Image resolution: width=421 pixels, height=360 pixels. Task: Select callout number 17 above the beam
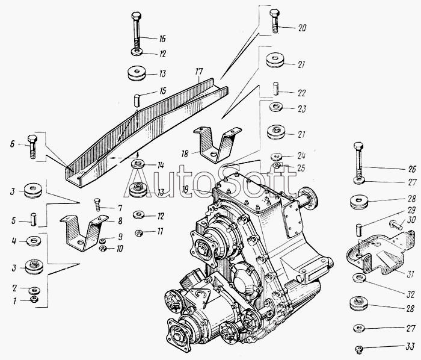[x=199, y=72]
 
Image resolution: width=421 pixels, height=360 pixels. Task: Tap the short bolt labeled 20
[x=274, y=20]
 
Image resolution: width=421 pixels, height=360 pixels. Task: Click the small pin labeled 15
[x=137, y=101]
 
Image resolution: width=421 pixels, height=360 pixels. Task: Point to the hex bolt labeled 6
[x=32, y=146]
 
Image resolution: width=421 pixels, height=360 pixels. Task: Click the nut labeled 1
[x=34, y=299]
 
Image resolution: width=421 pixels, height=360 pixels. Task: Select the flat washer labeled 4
[x=34, y=240]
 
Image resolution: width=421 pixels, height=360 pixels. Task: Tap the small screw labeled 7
[x=97, y=205]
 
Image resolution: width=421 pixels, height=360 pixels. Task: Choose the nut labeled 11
[x=138, y=232]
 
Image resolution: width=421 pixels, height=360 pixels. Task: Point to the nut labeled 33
[x=358, y=349]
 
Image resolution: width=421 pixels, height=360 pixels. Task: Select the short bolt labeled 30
[x=396, y=225]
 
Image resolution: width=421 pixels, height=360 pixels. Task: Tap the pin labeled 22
[x=275, y=88]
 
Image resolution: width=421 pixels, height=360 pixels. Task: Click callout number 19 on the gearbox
[x=185, y=190]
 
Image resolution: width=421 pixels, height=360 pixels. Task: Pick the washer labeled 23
[x=275, y=107]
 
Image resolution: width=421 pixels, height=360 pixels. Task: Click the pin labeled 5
[x=34, y=220]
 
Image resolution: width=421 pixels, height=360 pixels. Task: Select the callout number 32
[x=410, y=294]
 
